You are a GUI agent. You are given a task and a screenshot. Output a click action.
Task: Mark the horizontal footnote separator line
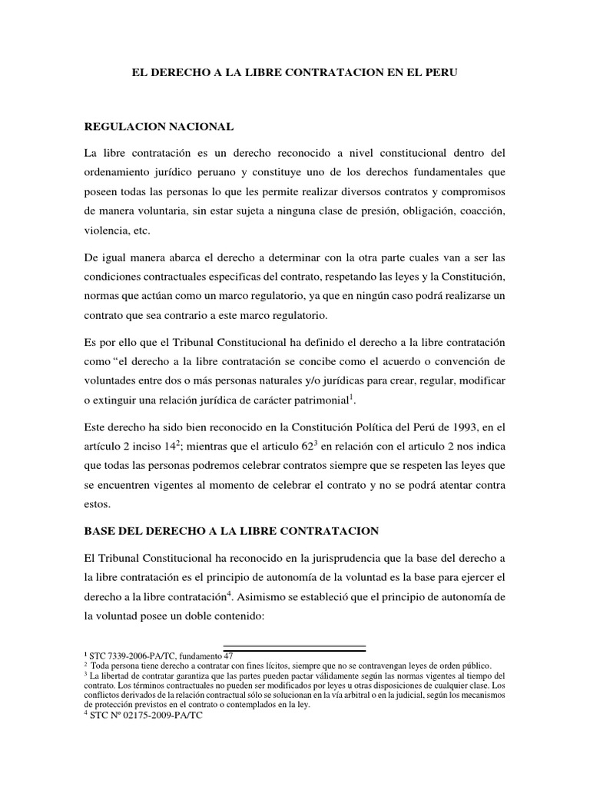click(294, 647)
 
